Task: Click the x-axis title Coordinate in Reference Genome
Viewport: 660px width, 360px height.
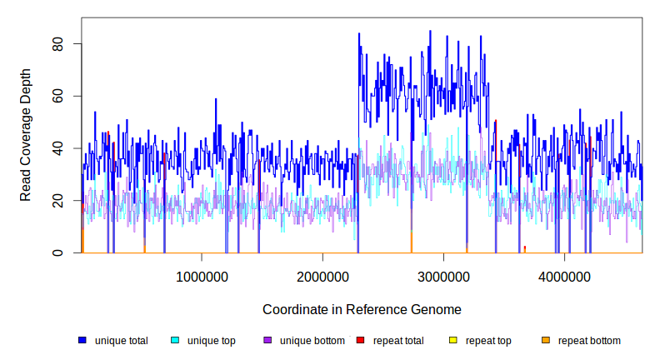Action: (362, 309)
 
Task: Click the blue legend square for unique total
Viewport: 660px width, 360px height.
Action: (82, 341)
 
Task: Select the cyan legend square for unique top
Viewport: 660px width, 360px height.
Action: (175, 341)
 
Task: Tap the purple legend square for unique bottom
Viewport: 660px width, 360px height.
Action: (267, 341)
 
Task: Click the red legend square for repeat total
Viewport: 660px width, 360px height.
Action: (360, 341)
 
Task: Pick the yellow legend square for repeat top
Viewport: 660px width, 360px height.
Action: (453, 341)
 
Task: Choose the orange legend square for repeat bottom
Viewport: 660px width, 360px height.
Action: (546, 341)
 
